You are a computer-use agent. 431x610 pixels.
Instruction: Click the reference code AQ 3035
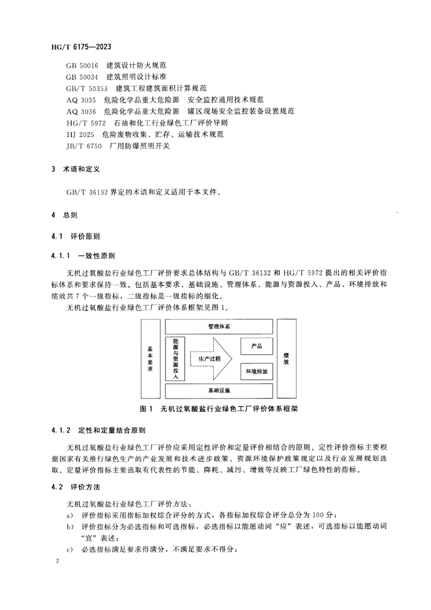point(81,100)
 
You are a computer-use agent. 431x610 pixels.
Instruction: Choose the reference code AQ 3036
point(81,111)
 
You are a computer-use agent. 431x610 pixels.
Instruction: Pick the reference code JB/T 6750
point(85,145)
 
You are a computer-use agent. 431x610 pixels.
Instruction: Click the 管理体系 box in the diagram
point(219,327)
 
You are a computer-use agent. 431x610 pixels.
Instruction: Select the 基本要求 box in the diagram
point(150,359)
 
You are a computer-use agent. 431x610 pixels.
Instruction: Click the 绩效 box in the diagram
point(286,359)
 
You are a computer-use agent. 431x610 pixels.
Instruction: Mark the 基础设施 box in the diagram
point(219,391)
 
